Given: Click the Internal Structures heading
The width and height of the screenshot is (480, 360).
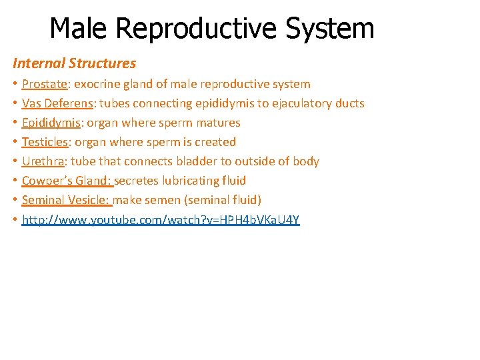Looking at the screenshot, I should point(74,63).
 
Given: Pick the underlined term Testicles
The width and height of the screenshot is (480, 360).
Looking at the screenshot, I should point(45,142).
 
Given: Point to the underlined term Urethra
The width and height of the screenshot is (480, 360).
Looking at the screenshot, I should point(43,161).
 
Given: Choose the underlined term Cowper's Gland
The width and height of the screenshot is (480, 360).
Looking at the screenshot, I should point(66,181).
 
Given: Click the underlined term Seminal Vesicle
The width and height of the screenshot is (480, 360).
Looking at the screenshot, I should point(65,200).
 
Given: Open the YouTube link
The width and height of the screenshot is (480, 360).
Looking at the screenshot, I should point(161,219).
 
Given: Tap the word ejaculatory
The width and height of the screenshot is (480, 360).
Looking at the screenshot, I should point(302,103).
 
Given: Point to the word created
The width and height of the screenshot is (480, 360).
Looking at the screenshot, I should point(215,142).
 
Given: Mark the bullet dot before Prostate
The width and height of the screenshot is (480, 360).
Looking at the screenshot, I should point(15,85).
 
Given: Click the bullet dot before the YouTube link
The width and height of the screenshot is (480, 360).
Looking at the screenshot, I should point(15,220).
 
